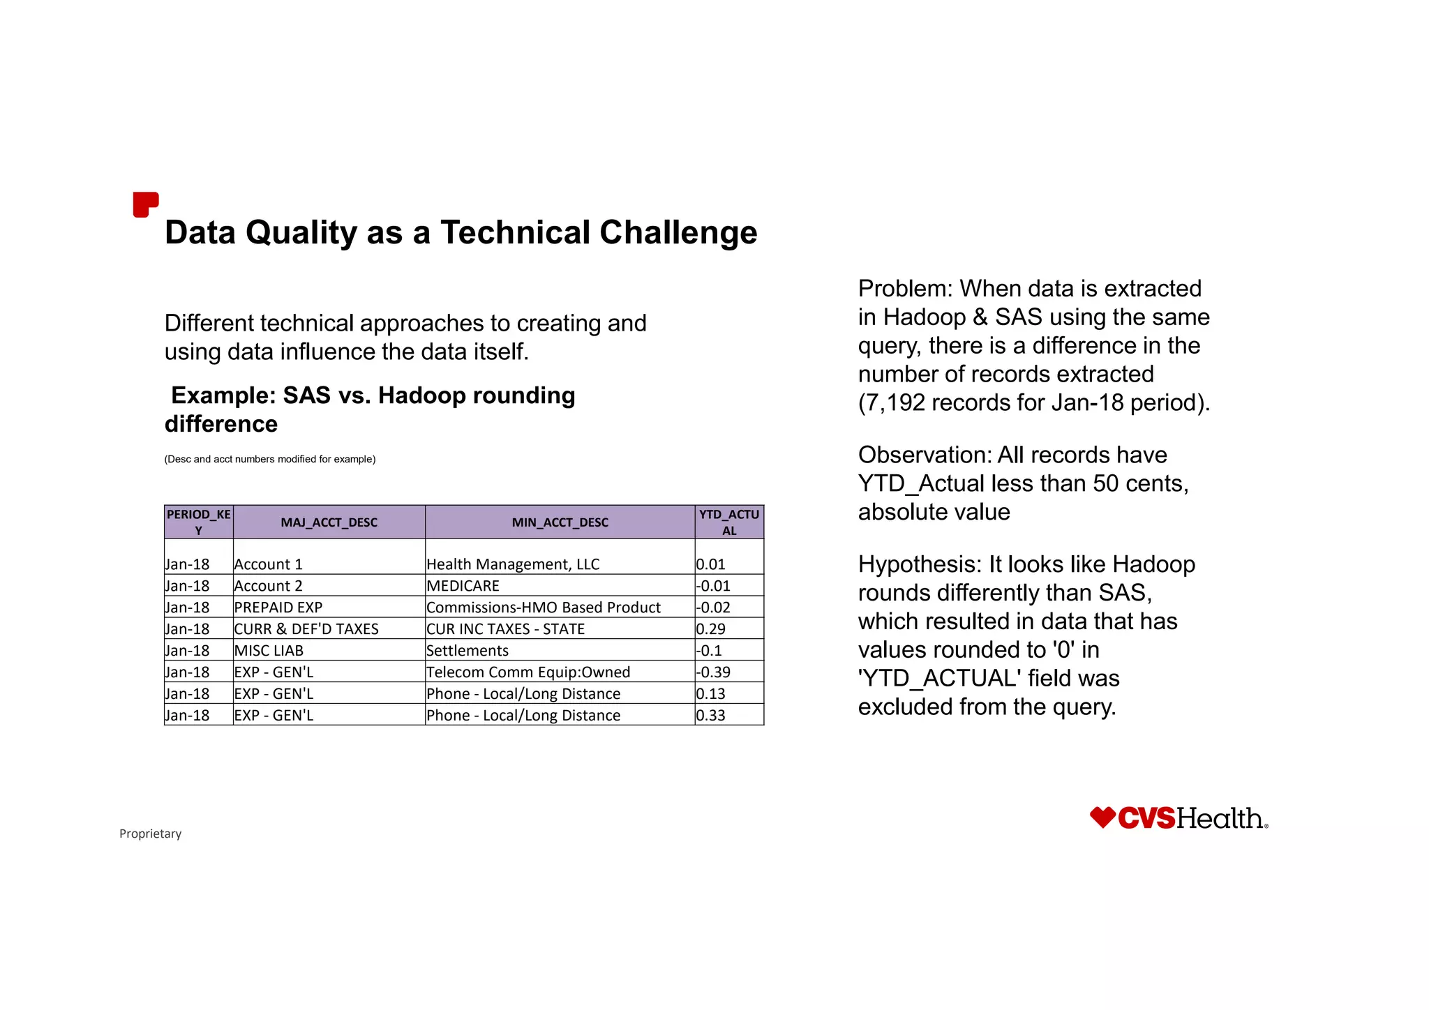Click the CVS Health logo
(1179, 818)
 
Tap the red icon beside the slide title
(145, 204)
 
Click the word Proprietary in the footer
(150, 834)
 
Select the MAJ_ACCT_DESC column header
(329, 522)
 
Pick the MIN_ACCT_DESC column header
(560, 522)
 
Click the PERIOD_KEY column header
(198, 522)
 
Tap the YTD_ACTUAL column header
(729, 522)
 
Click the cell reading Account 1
(269, 564)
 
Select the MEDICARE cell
(463, 586)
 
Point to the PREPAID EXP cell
(278, 608)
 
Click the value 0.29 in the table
(711, 629)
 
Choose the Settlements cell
(467, 651)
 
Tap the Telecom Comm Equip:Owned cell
(528, 672)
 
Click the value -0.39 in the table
(713, 672)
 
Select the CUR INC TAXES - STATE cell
(506, 629)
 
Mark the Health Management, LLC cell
(513, 564)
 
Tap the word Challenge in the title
(678, 232)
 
